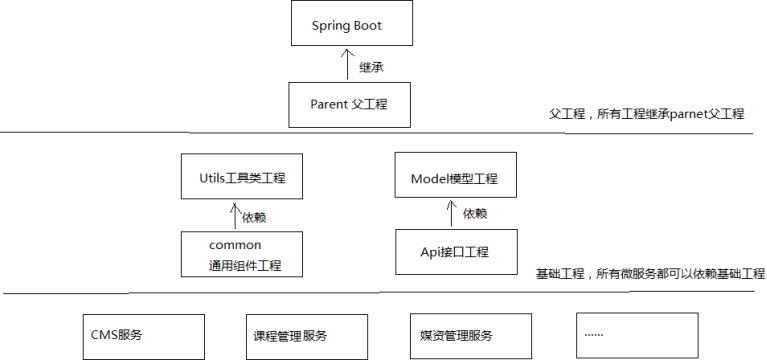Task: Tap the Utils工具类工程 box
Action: click(x=241, y=177)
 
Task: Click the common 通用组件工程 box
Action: click(x=241, y=254)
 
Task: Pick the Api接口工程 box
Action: click(x=454, y=253)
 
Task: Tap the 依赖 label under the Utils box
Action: click(x=255, y=217)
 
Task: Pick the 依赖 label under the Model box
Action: click(x=475, y=215)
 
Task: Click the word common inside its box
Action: click(x=235, y=245)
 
